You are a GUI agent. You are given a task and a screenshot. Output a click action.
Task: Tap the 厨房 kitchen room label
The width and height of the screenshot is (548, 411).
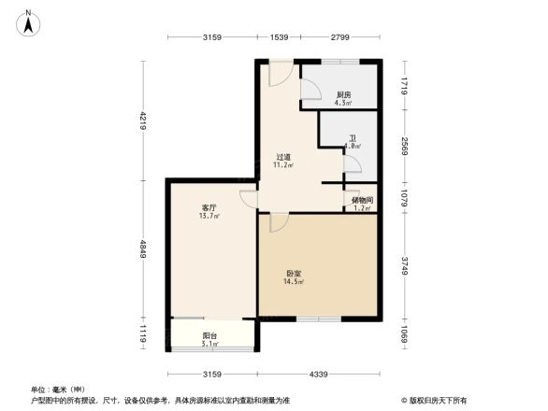coord(343,95)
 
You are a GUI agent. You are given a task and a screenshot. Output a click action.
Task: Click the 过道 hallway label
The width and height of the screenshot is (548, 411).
coord(282,157)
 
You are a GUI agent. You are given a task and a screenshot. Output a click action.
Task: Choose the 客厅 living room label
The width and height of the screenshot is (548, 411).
coord(209,207)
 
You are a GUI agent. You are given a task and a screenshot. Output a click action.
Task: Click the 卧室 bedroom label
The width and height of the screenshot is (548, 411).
coord(294,274)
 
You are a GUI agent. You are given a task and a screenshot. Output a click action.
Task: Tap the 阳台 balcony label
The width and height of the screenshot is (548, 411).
coord(210,335)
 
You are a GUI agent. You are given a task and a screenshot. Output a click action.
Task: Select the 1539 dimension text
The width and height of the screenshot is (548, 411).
coord(279,36)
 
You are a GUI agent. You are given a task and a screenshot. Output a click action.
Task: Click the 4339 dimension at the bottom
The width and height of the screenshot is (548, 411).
coord(319,375)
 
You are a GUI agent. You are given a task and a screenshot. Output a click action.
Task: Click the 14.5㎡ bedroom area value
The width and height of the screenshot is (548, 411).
coord(294,282)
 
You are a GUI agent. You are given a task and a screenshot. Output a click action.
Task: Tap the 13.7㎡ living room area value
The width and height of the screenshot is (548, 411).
coord(209,216)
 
